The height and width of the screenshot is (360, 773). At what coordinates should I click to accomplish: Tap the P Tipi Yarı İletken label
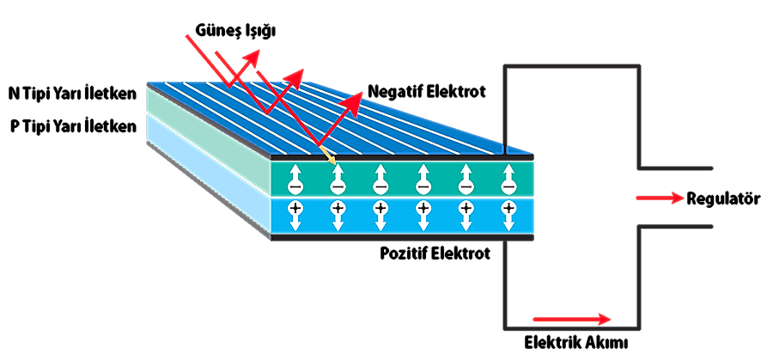pos(70,125)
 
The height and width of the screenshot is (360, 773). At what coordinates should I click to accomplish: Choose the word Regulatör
pos(724,198)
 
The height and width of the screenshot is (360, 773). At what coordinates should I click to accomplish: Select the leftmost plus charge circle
pos(295,208)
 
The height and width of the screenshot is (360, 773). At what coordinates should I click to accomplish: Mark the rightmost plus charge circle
pos(509,208)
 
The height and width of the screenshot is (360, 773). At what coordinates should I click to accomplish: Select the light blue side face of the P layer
pos(206,176)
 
